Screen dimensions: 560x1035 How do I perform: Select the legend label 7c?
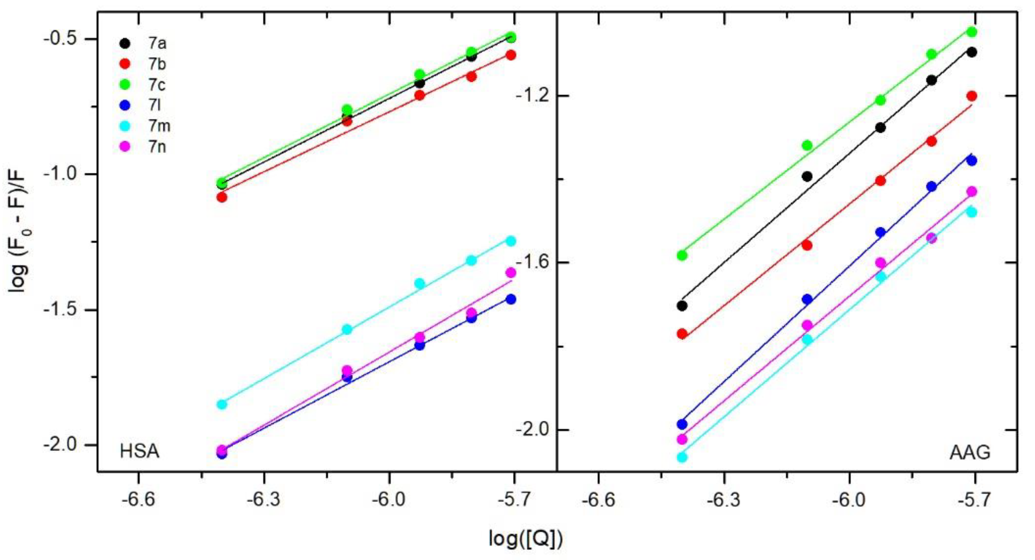[x=157, y=85]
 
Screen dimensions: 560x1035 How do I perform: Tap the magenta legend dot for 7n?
[x=125, y=147]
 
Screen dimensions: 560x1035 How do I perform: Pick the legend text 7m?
[x=159, y=126]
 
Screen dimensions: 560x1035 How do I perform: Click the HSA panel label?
[x=139, y=452]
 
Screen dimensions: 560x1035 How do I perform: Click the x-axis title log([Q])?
[x=526, y=539]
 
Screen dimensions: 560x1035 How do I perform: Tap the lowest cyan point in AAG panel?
[x=682, y=457]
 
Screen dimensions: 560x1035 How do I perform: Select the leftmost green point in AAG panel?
[x=682, y=255]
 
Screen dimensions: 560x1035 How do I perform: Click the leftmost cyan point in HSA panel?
[x=222, y=404]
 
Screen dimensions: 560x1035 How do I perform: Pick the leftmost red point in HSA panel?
[x=222, y=197]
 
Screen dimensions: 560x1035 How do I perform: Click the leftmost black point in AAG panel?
[x=682, y=306]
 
